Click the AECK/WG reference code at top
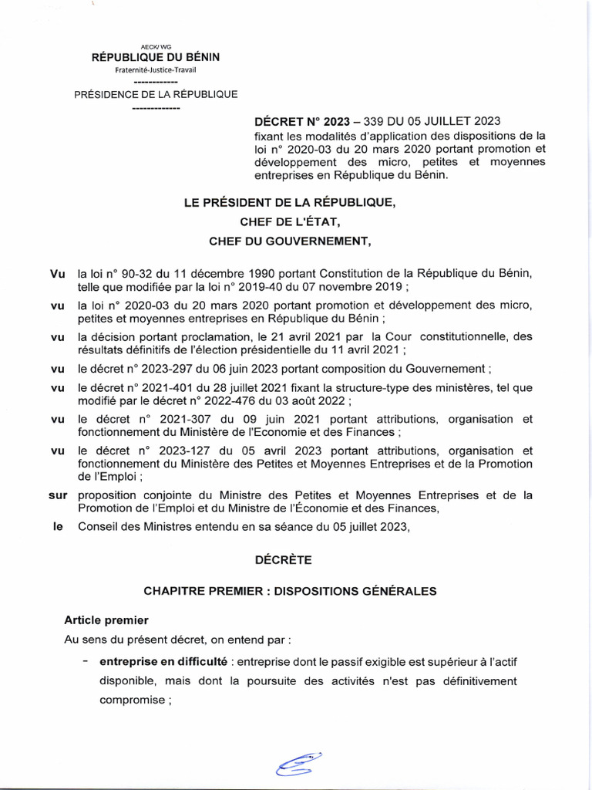(x=155, y=48)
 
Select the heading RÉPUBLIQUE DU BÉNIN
(x=155, y=58)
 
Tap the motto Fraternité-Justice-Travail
(x=155, y=70)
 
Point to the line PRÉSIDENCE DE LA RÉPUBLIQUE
(x=155, y=94)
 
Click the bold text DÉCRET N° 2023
(x=302, y=121)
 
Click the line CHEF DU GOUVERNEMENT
(x=290, y=241)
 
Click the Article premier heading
(x=106, y=620)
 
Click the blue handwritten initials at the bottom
(x=300, y=765)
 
